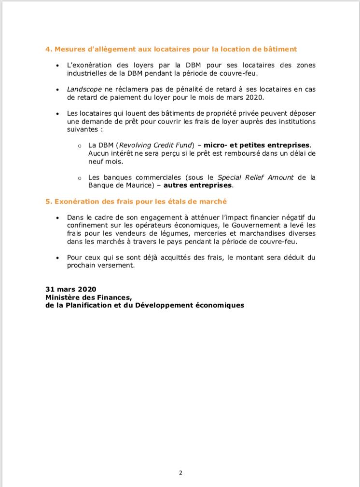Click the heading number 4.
coord(48,49)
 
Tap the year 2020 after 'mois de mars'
coord(255,97)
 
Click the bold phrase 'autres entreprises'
coord(198,185)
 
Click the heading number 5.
coord(48,202)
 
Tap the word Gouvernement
coord(258,226)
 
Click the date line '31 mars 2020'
coord(71,289)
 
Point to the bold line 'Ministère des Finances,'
coord(88,298)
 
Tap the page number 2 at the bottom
coord(180,473)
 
